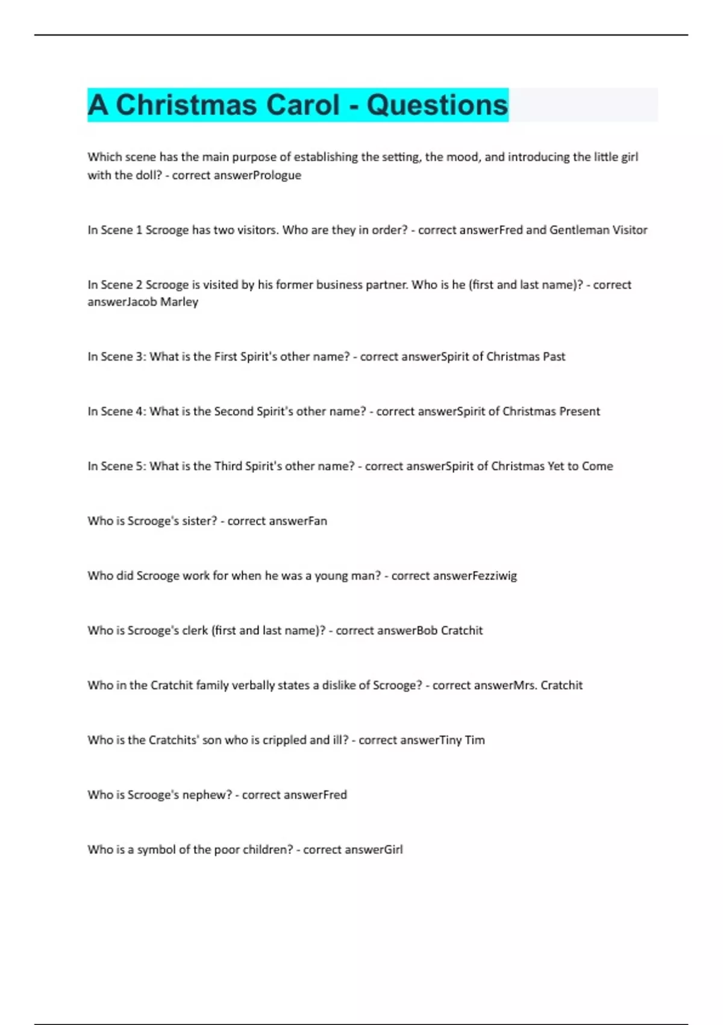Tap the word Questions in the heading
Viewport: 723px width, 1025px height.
pyautogui.click(x=437, y=105)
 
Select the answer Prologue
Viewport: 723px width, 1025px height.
pyautogui.click(x=278, y=175)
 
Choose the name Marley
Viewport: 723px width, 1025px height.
pyautogui.click(x=179, y=302)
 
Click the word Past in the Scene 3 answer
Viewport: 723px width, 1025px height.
pyautogui.click(x=554, y=356)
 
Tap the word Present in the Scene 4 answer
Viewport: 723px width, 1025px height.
pyautogui.click(x=579, y=411)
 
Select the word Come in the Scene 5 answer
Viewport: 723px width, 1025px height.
pyautogui.click(x=597, y=466)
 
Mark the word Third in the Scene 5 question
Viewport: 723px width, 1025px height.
pyautogui.click(x=228, y=466)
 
